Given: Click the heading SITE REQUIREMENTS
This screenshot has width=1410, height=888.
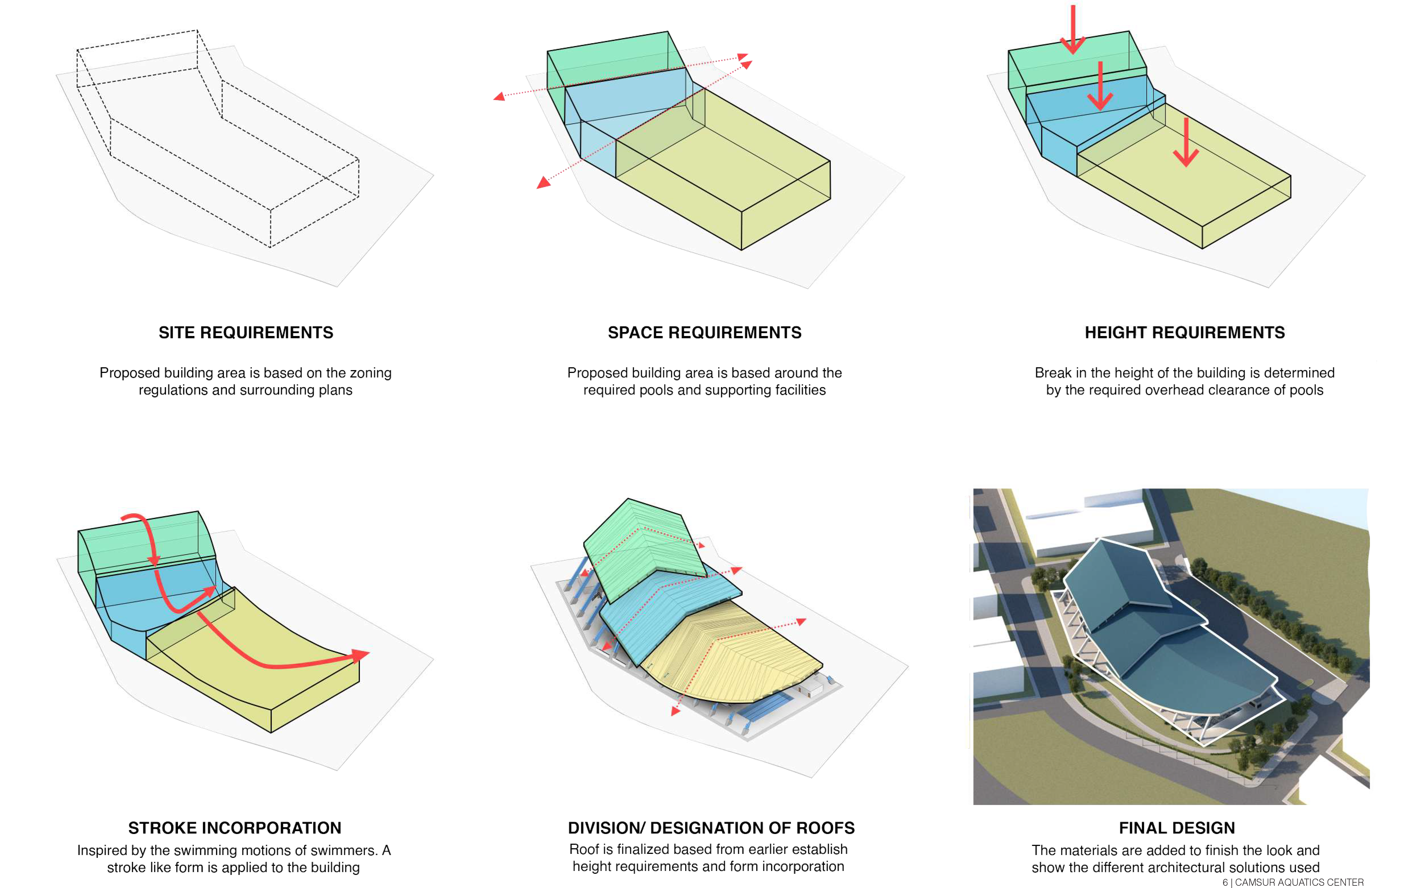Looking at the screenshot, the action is (246, 333).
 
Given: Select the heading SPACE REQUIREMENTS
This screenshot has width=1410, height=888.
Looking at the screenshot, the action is (704, 333).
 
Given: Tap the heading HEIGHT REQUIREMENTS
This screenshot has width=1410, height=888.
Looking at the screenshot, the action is (1185, 333).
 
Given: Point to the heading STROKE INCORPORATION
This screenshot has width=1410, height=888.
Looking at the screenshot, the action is (235, 828).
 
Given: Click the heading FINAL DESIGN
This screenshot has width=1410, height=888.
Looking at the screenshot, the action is (1177, 828).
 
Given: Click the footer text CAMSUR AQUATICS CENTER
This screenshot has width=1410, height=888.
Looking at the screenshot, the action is (1299, 882).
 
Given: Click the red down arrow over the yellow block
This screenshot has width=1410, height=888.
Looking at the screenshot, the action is (1186, 142).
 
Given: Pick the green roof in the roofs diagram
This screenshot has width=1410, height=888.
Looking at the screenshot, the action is (644, 548).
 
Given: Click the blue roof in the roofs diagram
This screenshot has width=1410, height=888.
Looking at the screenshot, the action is (668, 615).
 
